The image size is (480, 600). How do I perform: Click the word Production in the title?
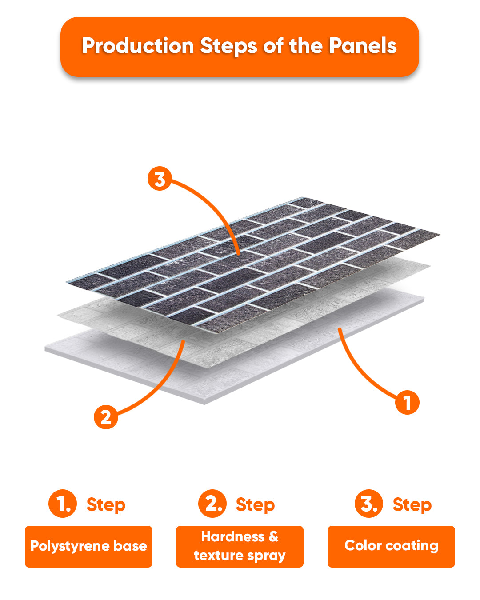pyautogui.click(x=138, y=46)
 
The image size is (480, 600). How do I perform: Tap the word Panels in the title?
pyautogui.click(x=363, y=45)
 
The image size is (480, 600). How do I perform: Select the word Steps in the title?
pyautogui.click(x=228, y=46)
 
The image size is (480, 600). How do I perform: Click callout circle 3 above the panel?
pyautogui.click(x=159, y=178)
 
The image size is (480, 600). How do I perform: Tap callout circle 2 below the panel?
pyautogui.click(x=106, y=417)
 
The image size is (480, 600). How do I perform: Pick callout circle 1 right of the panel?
pyautogui.click(x=407, y=403)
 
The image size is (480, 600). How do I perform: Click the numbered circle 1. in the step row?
pyautogui.click(x=63, y=504)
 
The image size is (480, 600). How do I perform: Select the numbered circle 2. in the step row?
pyautogui.click(x=212, y=504)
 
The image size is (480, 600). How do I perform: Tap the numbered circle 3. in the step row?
pyautogui.click(x=369, y=504)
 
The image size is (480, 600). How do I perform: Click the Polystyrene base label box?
pyautogui.click(x=89, y=547)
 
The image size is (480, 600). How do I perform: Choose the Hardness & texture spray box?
pyautogui.click(x=240, y=547)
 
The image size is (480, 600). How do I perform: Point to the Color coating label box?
pyautogui.click(x=391, y=547)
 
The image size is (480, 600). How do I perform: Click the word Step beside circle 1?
pyautogui.click(x=106, y=505)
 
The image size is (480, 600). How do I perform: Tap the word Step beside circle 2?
pyautogui.click(x=255, y=505)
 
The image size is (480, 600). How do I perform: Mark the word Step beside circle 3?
pyautogui.click(x=412, y=505)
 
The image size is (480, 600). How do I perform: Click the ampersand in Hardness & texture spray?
pyautogui.click(x=273, y=536)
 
